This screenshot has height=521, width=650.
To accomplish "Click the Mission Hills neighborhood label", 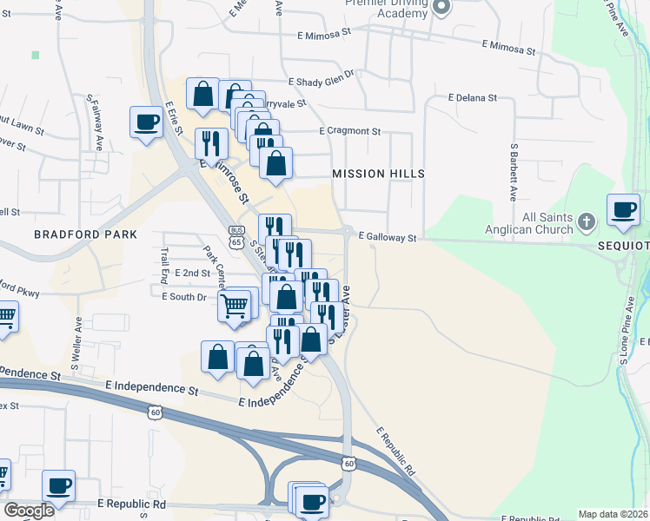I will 378,174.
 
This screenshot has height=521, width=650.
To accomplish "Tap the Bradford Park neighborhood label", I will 86,234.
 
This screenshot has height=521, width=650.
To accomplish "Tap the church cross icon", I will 587,222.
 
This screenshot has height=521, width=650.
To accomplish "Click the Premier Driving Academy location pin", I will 441,8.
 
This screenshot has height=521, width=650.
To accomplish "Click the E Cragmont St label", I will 350,131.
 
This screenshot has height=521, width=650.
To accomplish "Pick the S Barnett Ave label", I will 514,168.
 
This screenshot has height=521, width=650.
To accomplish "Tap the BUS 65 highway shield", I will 235,236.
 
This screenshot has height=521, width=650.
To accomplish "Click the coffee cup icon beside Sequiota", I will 623,210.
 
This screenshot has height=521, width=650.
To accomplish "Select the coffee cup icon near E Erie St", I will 146,122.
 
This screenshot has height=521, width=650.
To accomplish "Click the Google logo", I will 30,510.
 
